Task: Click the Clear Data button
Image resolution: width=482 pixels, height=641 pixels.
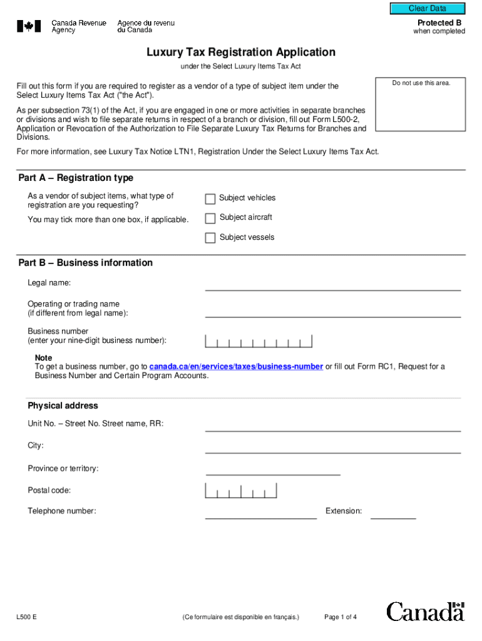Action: coord(428,9)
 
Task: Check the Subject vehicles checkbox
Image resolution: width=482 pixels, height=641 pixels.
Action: coord(210,199)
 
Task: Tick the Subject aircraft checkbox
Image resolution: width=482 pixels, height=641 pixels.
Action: coord(210,218)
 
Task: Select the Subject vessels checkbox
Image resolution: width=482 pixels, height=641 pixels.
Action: coord(210,238)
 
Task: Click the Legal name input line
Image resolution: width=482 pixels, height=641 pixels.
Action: coord(332,285)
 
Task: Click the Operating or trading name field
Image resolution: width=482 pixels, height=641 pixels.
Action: coord(332,311)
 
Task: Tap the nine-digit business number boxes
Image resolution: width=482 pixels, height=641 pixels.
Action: coord(259,341)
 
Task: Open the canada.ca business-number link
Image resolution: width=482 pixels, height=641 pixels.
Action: coord(236,367)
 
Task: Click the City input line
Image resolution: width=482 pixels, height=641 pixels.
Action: coord(332,447)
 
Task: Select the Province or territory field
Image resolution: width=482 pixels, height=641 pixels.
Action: coord(273,469)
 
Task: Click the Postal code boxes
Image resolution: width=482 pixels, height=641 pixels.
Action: coord(240,491)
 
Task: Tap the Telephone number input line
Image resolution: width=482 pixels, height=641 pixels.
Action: coord(261,513)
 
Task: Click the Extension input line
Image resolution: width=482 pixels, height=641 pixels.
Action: coord(393,513)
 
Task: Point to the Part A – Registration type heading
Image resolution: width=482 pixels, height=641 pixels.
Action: coord(76,178)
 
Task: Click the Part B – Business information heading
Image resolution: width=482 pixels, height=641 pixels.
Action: coord(86,263)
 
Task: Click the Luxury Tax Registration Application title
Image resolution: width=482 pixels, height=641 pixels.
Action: coord(241,53)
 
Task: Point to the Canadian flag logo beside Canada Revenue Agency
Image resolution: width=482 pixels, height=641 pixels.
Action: coord(29,26)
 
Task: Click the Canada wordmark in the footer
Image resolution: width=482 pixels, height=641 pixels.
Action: coord(425,612)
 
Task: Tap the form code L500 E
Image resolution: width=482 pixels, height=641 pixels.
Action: coord(26,617)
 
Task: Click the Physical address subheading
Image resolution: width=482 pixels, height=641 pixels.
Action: coord(63,406)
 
